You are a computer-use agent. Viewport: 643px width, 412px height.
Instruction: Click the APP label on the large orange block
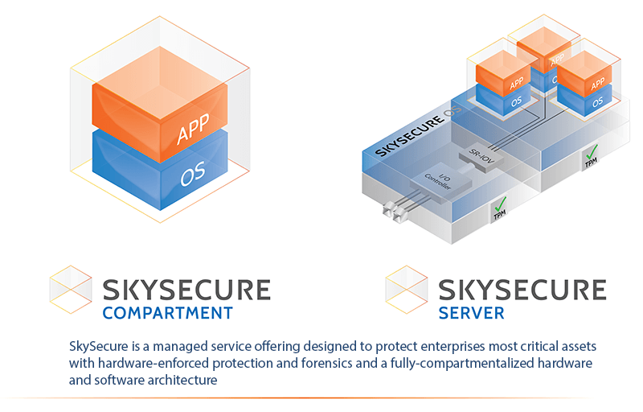click(193, 128)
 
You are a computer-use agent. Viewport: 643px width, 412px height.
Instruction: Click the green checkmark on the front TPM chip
click(500, 204)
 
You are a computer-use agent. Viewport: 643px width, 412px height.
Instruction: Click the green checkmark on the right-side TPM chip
click(592, 150)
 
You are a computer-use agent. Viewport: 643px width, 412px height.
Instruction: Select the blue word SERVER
click(471, 312)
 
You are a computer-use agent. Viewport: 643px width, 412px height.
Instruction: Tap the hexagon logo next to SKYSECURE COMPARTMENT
click(71, 289)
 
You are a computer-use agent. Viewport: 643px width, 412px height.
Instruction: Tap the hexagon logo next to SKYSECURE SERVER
click(407, 289)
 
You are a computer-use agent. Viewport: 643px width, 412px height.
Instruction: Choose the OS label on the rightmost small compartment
click(597, 103)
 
